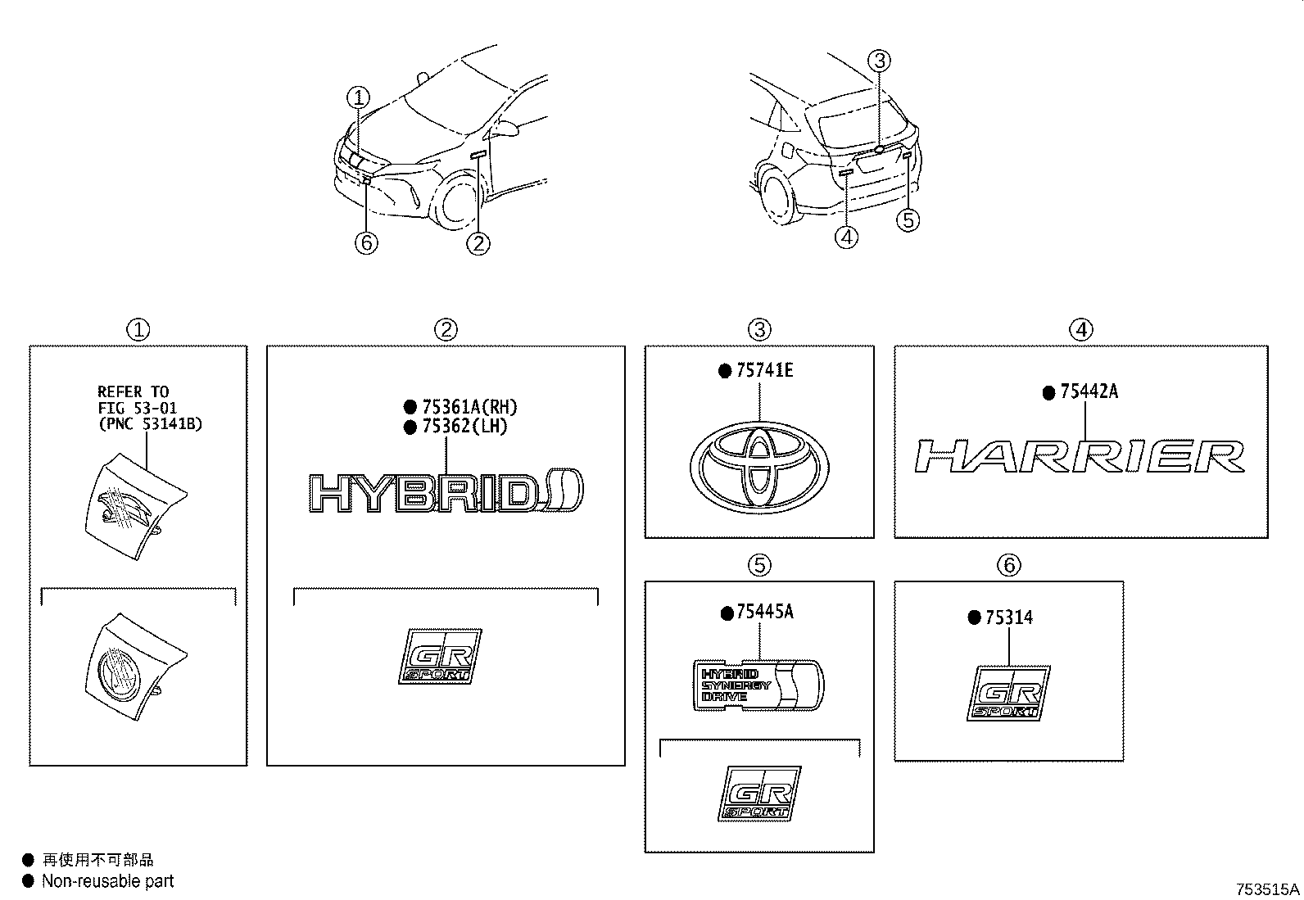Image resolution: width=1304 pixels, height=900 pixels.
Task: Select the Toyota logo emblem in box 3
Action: [x=759, y=467]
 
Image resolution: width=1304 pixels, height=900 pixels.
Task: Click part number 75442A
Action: [x=1088, y=392]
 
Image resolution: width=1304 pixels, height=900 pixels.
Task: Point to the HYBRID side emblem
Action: [x=448, y=493]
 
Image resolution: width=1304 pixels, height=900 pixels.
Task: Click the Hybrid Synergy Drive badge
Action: [x=758, y=685]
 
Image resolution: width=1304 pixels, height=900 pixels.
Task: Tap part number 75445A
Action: [x=763, y=613]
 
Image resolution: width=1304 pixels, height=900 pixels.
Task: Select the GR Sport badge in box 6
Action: [x=1008, y=693]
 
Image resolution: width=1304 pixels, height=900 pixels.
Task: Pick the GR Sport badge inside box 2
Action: [x=440, y=655]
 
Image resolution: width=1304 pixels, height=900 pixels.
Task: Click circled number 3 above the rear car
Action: [x=879, y=60]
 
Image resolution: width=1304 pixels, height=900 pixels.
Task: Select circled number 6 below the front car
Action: [x=366, y=242]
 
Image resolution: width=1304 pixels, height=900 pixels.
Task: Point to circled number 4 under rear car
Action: [x=846, y=237]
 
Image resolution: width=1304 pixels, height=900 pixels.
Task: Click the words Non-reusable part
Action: [x=107, y=881]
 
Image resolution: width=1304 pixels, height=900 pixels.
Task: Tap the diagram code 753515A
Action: [x=1267, y=889]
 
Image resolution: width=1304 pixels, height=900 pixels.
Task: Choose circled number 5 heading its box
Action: [x=759, y=564]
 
